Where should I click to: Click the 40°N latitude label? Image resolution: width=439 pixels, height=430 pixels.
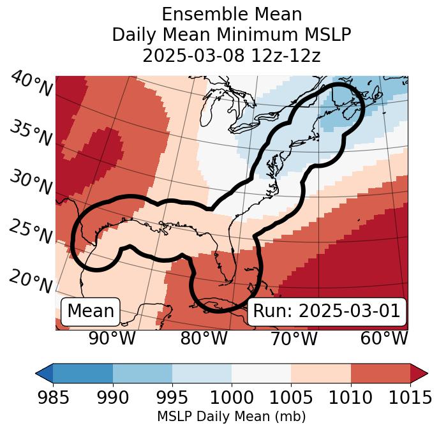tap(31, 84)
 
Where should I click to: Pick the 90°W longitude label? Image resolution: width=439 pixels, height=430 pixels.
tap(112, 338)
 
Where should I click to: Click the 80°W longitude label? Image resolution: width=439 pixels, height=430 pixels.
tap(204, 338)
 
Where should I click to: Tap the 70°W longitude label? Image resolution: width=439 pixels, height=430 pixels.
tap(294, 338)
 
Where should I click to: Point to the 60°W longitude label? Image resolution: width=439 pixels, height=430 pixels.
tap(384, 338)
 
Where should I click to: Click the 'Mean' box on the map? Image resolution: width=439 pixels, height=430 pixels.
tap(91, 311)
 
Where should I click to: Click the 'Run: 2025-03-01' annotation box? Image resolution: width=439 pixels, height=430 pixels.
tap(327, 311)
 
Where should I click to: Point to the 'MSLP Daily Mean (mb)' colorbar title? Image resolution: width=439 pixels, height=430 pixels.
tap(231, 417)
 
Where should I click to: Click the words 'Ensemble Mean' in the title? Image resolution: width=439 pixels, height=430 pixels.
tap(231, 14)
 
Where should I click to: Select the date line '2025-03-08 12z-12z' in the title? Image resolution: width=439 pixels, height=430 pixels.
tap(231, 56)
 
